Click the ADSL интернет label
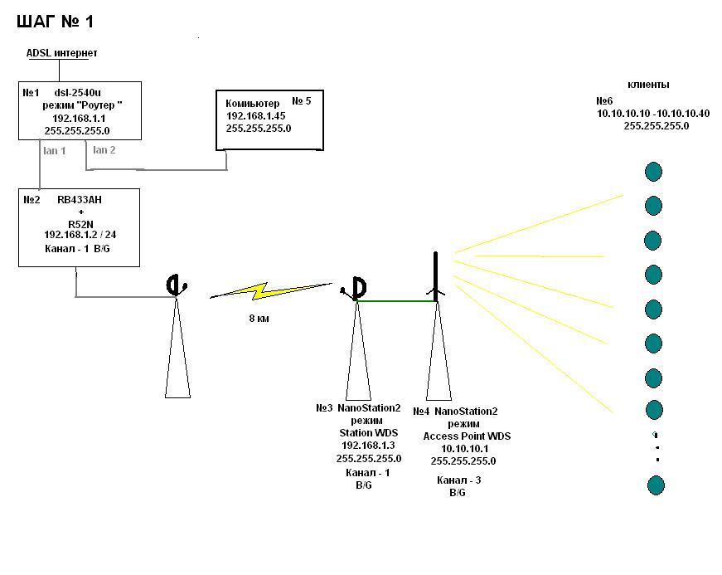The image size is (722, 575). pyautogui.click(x=62, y=53)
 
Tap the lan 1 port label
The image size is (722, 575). pyautogui.click(x=54, y=151)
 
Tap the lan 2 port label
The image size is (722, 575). pyautogui.click(x=104, y=150)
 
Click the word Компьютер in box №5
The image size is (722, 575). pyautogui.click(x=252, y=104)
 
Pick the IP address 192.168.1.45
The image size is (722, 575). pyautogui.click(x=255, y=116)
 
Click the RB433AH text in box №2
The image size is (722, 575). pyautogui.click(x=80, y=200)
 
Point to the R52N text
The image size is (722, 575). pyautogui.click(x=80, y=223)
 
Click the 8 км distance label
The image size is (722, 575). pyautogui.click(x=259, y=318)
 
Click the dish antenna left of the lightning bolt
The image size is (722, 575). pyautogui.click(x=175, y=286)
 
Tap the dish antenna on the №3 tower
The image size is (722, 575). pyautogui.click(x=357, y=288)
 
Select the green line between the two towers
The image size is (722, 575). pyautogui.click(x=396, y=301)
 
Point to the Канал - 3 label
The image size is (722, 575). pyautogui.click(x=459, y=480)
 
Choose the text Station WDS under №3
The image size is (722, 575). pyautogui.click(x=368, y=433)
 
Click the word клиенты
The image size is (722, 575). pyautogui.click(x=648, y=85)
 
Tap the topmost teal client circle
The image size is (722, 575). pyautogui.click(x=654, y=172)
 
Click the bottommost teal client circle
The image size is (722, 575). pyautogui.click(x=656, y=485)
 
